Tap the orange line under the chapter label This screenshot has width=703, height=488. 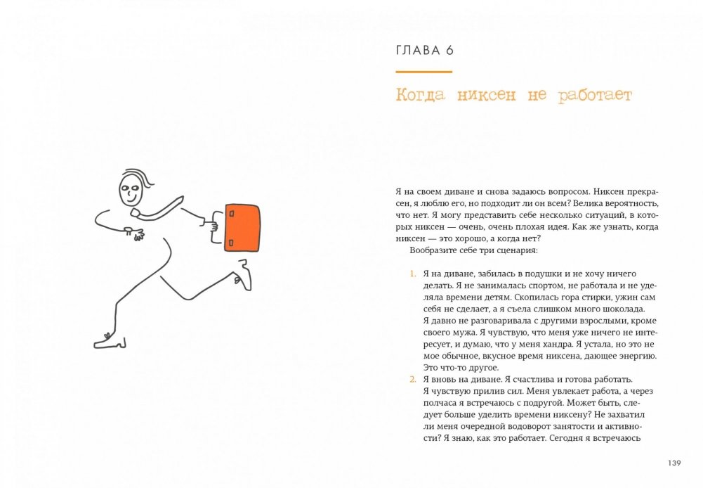coord(423,72)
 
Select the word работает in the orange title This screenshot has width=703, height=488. coord(595,96)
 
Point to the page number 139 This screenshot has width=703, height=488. coord(674,463)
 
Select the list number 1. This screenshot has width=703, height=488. coord(412,274)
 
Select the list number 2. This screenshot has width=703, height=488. coord(413,380)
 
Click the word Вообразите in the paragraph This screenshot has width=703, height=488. coord(431,250)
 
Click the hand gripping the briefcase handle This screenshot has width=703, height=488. coord(211,223)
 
